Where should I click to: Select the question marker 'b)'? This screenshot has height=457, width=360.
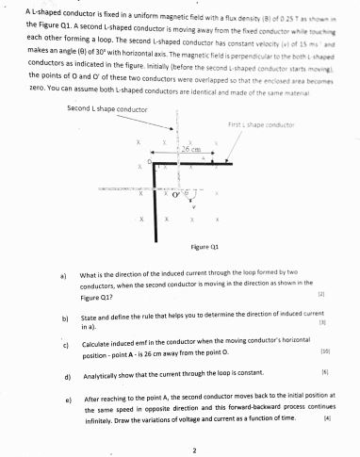tap(63, 318)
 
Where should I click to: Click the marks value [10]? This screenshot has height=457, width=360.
tap(324, 351)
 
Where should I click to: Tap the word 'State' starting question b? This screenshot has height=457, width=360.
tap(90, 318)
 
